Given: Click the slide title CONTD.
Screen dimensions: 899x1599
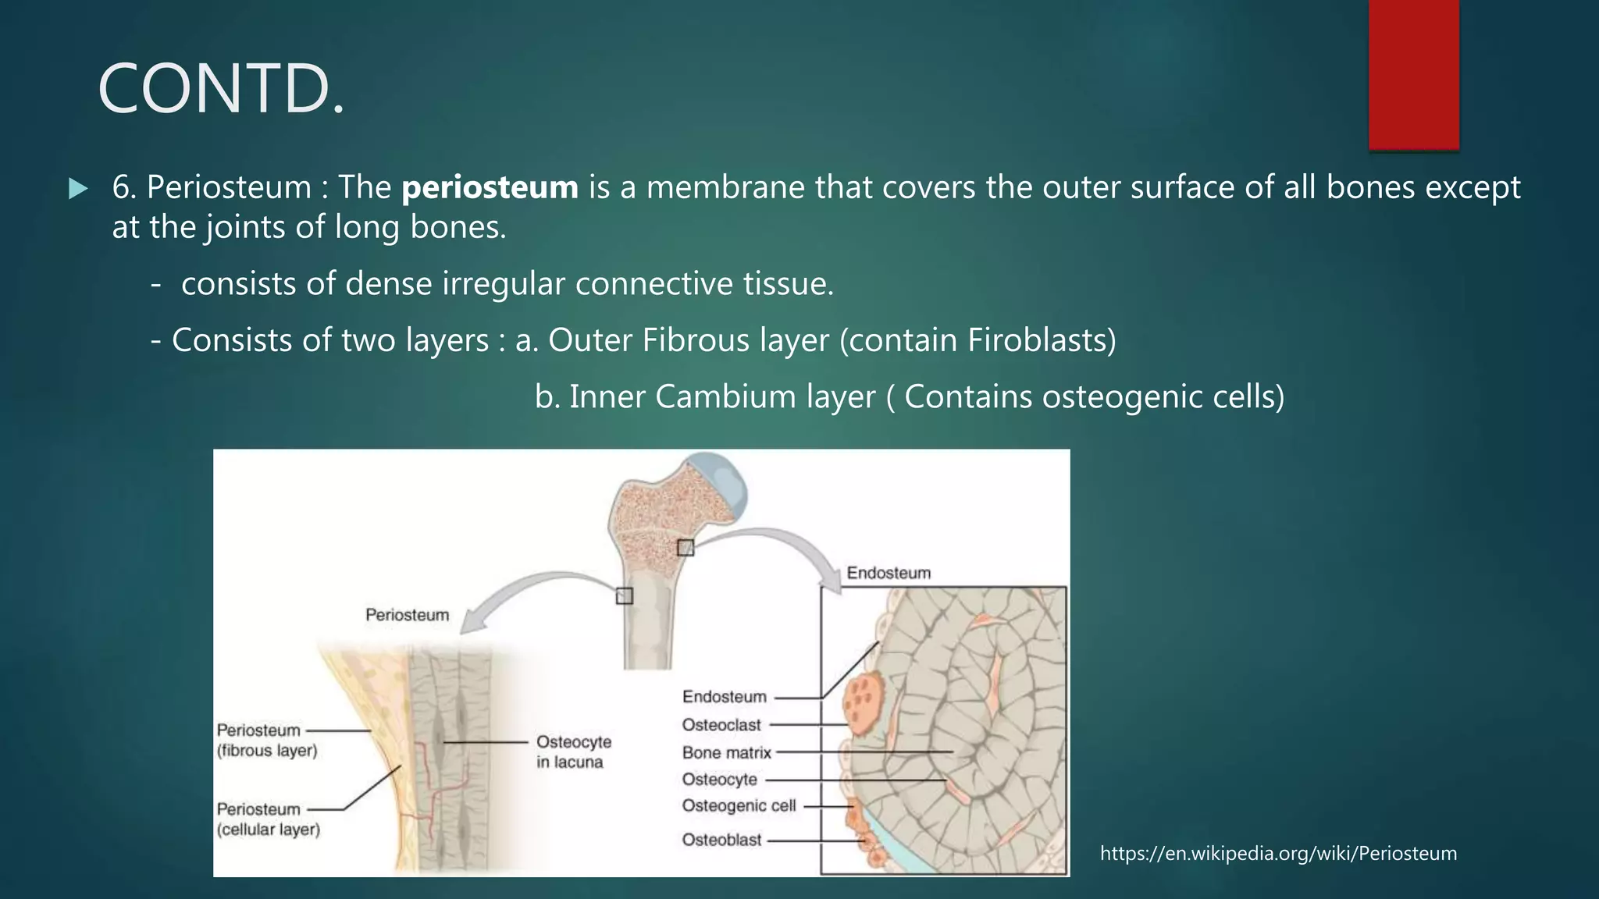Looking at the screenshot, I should (x=221, y=89).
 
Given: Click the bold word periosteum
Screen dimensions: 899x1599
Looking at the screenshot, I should (x=490, y=188).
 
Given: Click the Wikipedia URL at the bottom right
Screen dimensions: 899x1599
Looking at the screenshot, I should (x=1278, y=854).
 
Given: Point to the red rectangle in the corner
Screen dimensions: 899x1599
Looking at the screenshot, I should (x=1413, y=74).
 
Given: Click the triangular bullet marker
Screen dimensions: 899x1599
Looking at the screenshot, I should (x=78, y=189).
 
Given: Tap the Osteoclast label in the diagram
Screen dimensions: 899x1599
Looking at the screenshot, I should (x=721, y=725).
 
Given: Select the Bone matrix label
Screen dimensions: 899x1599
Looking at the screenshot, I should (x=726, y=753).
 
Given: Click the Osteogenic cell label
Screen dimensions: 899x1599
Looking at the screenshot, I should (x=739, y=806).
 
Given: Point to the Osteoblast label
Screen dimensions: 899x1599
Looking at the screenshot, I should (x=721, y=840).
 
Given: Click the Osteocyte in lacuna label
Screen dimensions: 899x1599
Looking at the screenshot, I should (x=573, y=752).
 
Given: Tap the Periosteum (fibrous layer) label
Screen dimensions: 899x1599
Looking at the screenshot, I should (x=266, y=741).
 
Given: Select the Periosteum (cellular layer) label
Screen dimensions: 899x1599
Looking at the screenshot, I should (x=268, y=819).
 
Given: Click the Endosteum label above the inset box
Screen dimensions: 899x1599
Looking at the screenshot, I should (x=889, y=574).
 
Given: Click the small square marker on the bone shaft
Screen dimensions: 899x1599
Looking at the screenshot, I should (x=624, y=596).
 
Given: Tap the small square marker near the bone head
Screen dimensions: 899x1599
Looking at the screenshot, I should (x=686, y=548).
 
